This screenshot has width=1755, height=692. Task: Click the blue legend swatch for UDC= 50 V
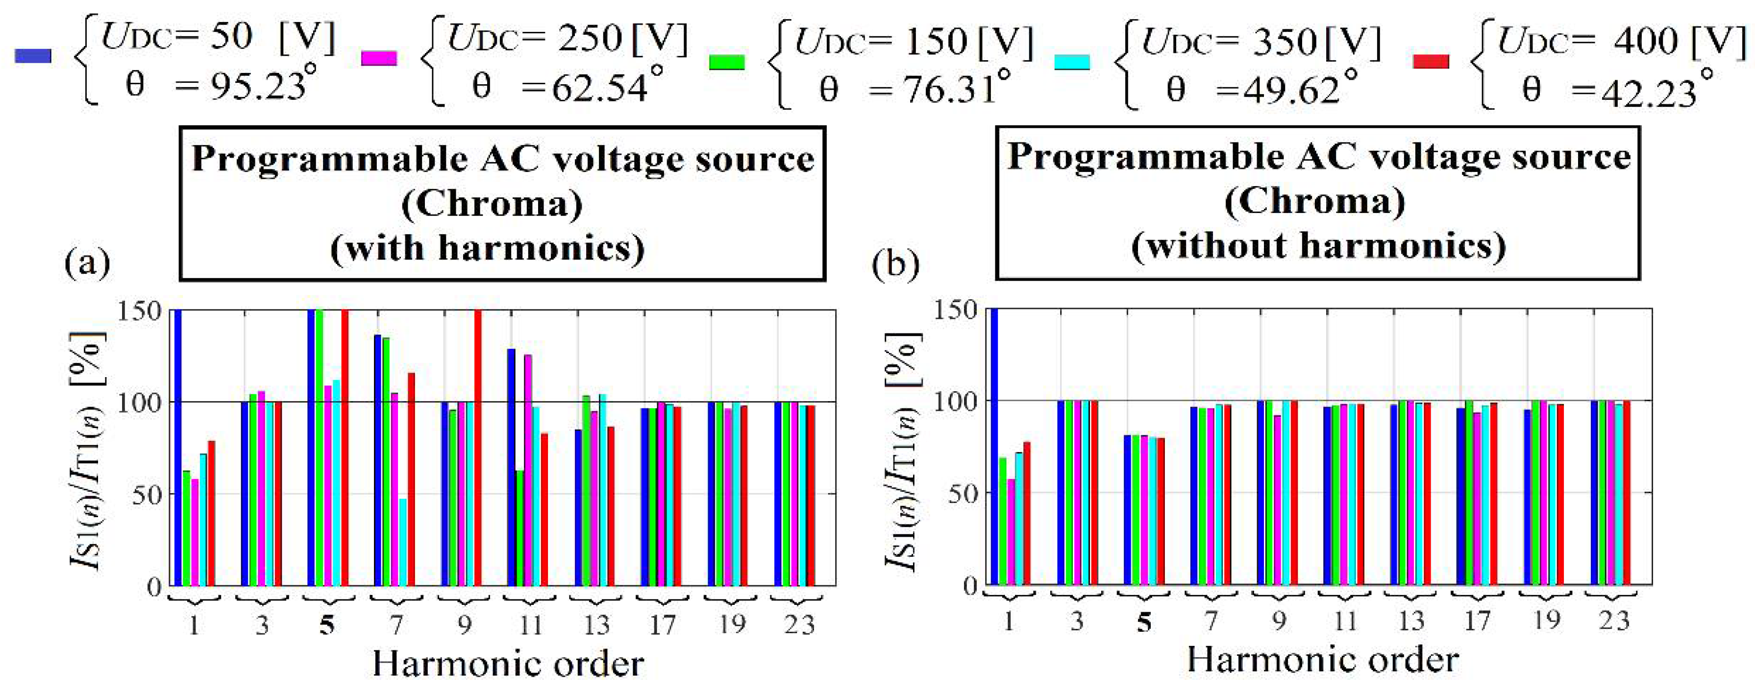coord(33,56)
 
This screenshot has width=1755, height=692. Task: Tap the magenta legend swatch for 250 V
coord(379,58)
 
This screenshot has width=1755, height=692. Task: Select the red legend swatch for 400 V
coord(1431,61)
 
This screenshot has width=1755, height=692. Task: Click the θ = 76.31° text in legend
coord(913,89)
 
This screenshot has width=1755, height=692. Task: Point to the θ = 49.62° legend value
coord(1261,89)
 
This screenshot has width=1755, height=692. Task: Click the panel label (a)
coord(87,262)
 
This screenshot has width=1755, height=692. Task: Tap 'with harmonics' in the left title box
coord(487,247)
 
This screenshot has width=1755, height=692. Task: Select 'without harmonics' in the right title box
coord(1318,245)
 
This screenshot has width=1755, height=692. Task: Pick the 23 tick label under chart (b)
coord(1614,620)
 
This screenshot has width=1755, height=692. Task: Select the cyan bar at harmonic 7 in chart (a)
coord(403,542)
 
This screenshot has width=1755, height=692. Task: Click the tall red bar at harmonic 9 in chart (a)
coord(477,446)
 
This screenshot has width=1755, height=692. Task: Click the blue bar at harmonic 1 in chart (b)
coord(993,446)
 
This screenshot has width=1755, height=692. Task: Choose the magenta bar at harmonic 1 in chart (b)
coord(1011,531)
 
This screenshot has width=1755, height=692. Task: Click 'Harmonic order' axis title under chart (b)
coord(1322,659)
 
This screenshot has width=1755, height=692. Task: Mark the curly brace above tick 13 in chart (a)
coord(595,599)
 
